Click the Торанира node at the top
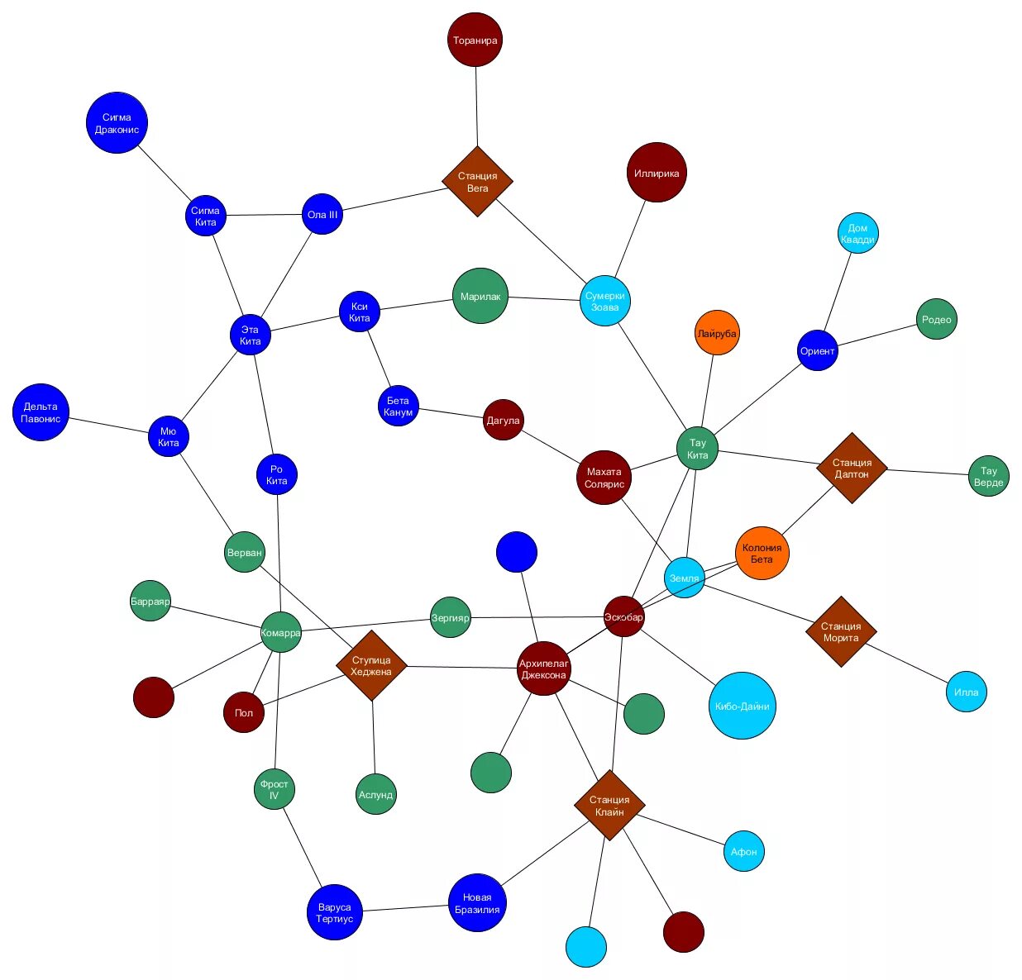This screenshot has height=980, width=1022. point(475,40)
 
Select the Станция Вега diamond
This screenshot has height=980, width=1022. point(477,182)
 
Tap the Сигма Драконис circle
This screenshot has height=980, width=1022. point(117,123)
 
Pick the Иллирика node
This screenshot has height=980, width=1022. point(657,173)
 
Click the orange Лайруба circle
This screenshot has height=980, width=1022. point(717,333)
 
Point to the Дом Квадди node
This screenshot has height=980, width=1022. point(857,233)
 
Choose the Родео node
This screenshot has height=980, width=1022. point(936,319)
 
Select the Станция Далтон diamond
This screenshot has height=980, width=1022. point(852,468)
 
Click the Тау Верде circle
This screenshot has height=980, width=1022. point(988,476)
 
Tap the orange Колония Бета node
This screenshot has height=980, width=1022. point(762,553)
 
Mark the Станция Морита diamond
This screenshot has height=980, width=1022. point(841,631)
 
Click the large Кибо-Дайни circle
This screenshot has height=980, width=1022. point(743,706)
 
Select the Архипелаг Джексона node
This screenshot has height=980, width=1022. point(544,668)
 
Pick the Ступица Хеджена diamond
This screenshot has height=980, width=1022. point(371,665)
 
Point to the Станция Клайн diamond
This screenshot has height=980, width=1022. point(609,806)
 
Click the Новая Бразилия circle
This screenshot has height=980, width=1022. point(477,902)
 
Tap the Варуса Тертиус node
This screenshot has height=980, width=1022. point(335,912)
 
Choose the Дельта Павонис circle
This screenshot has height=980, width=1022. point(41,412)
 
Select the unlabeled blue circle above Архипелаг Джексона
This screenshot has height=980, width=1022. point(517,552)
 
